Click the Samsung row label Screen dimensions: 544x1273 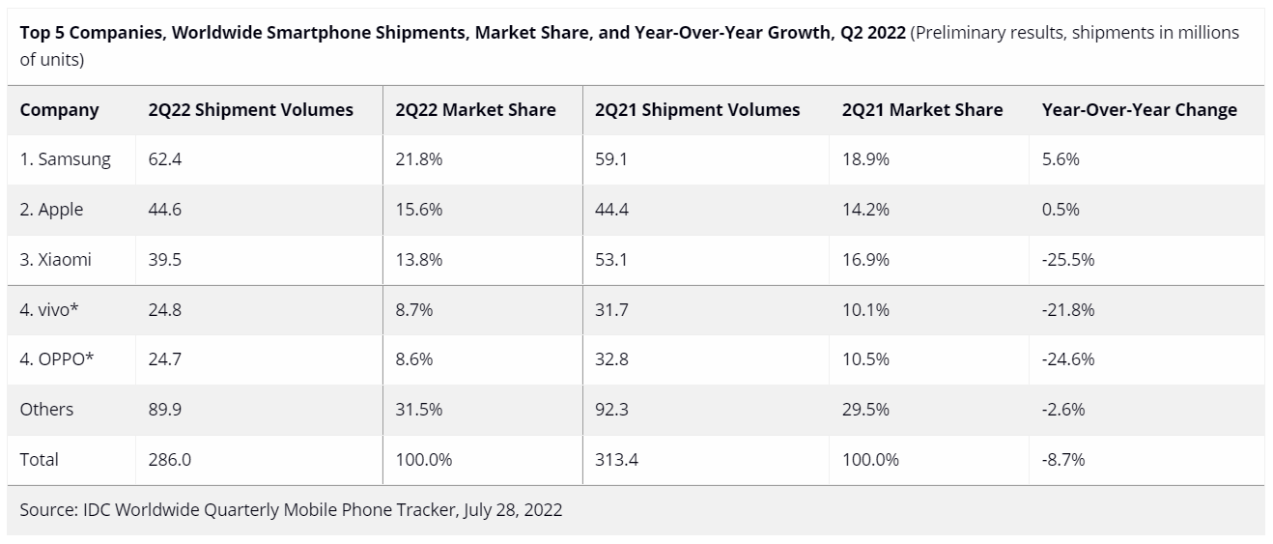coord(66,159)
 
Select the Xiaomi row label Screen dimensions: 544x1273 coord(56,260)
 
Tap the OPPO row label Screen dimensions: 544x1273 coord(57,359)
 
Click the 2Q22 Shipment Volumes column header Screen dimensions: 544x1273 coord(251,109)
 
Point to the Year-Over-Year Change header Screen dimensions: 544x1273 coord(1139,109)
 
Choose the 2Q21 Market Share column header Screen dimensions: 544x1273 coord(922,109)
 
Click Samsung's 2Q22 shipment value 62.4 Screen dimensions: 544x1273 coord(165,159)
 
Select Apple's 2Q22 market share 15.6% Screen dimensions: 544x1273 coord(419,210)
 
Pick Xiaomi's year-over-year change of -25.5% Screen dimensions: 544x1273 coord(1068,260)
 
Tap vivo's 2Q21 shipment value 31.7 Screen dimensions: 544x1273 coord(612,310)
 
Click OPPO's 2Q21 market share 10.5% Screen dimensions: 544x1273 coord(865,359)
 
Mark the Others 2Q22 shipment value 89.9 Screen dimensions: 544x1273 coord(165,410)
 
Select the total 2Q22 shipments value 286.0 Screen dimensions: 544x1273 coord(170,460)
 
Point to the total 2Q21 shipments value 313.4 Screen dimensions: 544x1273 coord(617,460)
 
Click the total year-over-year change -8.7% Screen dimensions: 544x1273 coord(1063,460)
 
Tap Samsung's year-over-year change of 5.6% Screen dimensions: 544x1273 coord(1061,159)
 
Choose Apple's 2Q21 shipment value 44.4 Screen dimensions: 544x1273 coord(612,210)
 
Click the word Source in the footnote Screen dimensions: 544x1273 coord(46,509)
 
